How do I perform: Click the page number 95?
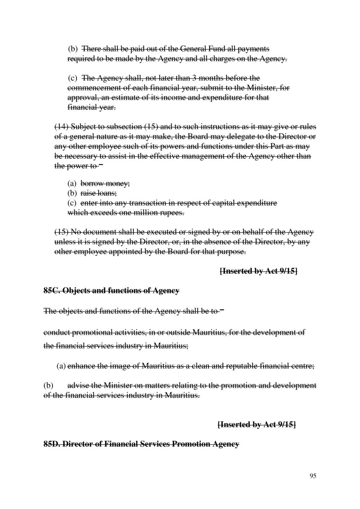(x=312, y=476)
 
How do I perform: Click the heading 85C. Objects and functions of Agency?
(x=111, y=290)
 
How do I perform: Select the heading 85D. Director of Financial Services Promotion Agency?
(x=141, y=444)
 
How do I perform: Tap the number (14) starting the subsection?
(x=61, y=127)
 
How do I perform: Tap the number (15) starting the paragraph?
(x=61, y=231)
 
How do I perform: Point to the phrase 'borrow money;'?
(x=105, y=184)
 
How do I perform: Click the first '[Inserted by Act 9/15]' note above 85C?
(x=258, y=271)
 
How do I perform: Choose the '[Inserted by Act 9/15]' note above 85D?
(x=257, y=425)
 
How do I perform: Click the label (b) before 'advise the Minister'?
(x=48, y=386)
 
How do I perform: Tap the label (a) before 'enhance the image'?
(x=61, y=366)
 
